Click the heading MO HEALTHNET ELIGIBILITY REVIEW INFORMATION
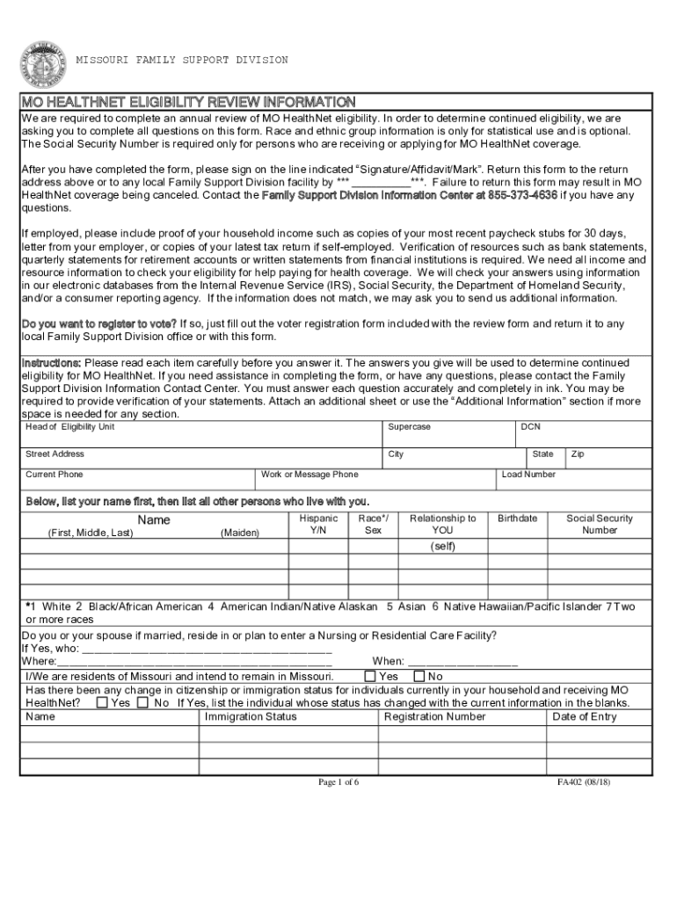pyautogui.click(x=188, y=102)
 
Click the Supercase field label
pyautogui.click(x=409, y=427)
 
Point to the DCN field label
pyautogui.click(x=530, y=427)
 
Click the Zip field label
pyautogui.click(x=578, y=454)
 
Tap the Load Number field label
pyautogui.click(x=528, y=475)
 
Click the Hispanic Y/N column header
pyautogui.click(x=318, y=525)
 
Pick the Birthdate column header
pyautogui.click(x=517, y=519)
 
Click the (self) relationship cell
pyautogui.click(x=442, y=546)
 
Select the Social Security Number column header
pyautogui.click(x=600, y=525)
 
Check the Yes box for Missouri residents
pyautogui.click(x=370, y=676)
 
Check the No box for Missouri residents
pyautogui.click(x=419, y=676)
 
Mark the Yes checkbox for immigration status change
pyautogui.click(x=103, y=703)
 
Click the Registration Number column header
pyautogui.click(x=434, y=716)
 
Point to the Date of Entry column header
pyautogui.click(x=584, y=716)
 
